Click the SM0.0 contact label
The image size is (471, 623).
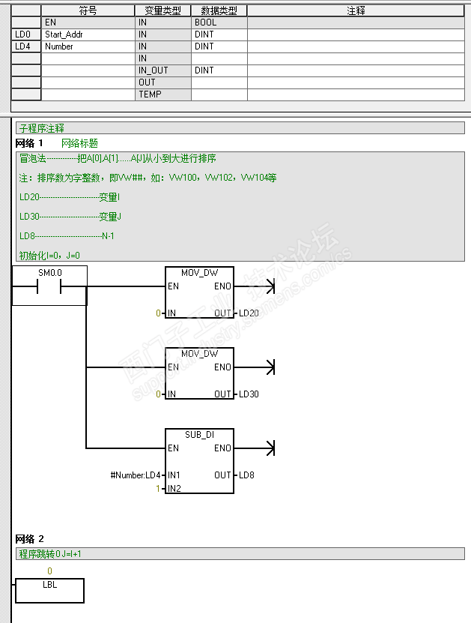tap(49, 273)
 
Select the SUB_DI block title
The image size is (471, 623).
tap(199, 435)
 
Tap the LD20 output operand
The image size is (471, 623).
tap(249, 313)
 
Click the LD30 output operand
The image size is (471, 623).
tap(249, 394)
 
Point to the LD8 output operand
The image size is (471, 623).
tap(246, 475)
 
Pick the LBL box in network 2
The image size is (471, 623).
tap(49, 590)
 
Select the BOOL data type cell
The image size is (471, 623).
tap(205, 22)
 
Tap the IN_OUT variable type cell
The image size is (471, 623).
tap(154, 70)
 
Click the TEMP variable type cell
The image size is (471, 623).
tap(150, 94)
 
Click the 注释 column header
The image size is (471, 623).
tap(356, 10)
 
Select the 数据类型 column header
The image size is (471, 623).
tap(219, 10)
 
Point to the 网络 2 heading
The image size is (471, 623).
tap(30, 539)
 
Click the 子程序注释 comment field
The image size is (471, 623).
tap(42, 129)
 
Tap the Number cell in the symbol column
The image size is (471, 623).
tap(59, 46)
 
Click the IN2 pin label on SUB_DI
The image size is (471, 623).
tap(174, 488)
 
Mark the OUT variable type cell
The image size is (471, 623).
tap(147, 82)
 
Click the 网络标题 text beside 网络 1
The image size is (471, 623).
tap(79, 143)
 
